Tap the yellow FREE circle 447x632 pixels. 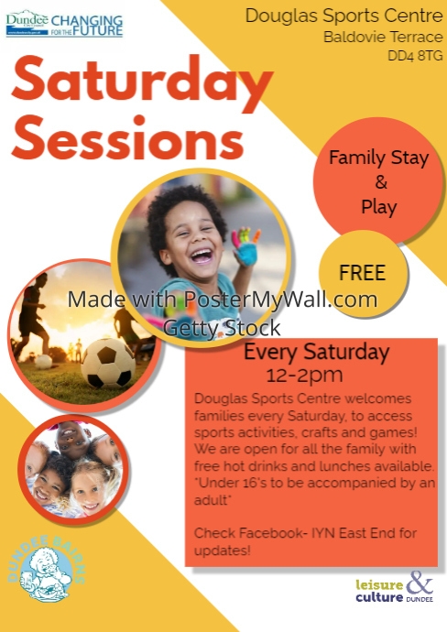pos(362,272)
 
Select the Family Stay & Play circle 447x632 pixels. pos(378,181)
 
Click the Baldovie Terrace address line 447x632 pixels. pos(383,38)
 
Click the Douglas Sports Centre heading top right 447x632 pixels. pos(343,16)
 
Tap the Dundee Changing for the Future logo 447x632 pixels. pos(64,24)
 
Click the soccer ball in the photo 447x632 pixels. pos(108,364)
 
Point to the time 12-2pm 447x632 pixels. pos(305,375)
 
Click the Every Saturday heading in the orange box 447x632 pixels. pos(316,353)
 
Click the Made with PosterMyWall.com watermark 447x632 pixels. pos(223,300)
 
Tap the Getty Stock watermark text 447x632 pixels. pos(223,327)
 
